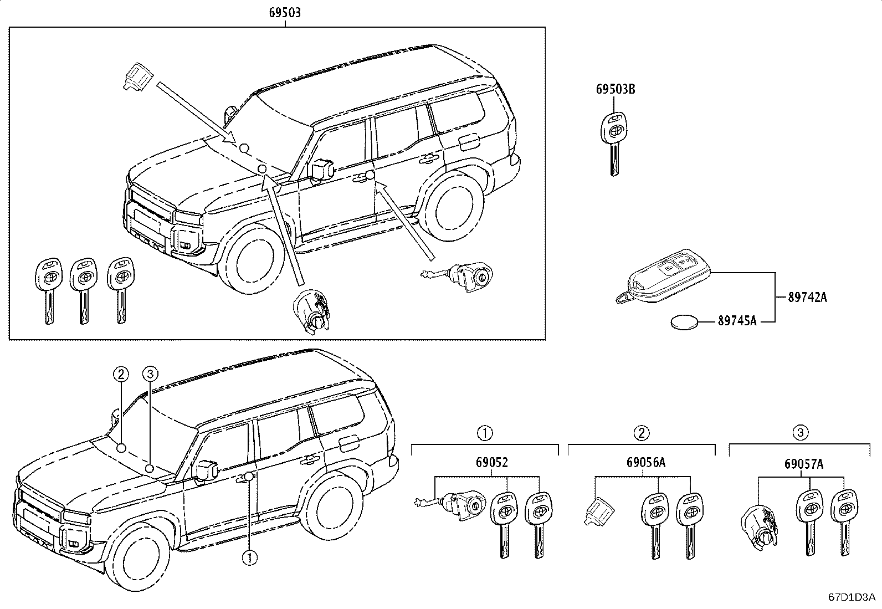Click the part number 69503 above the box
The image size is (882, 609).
point(285,13)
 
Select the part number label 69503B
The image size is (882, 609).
point(616,89)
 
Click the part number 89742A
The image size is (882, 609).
point(807,297)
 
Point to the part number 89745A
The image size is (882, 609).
point(737,321)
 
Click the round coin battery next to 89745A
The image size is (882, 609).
point(684,322)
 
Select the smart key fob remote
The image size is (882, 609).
point(663,277)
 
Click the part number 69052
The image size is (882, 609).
point(492,462)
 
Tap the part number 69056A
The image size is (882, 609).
point(646,462)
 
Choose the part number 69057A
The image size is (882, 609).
point(804,464)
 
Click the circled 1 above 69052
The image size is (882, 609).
point(485,433)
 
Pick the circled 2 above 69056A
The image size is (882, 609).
point(642,433)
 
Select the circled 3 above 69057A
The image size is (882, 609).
point(801,433)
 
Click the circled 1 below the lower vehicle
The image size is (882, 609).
point(250,557)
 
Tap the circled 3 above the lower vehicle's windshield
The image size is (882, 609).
point(150,373)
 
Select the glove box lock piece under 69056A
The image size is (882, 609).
point(598,511)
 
